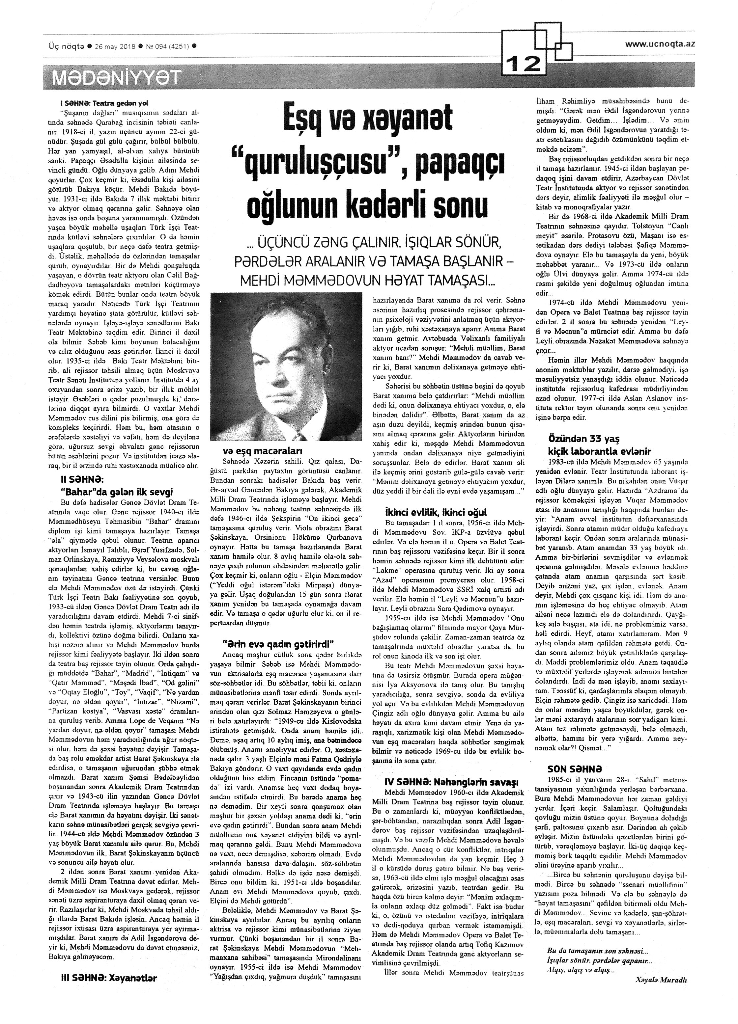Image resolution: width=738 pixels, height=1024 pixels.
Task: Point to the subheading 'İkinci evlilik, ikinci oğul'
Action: (435, 512)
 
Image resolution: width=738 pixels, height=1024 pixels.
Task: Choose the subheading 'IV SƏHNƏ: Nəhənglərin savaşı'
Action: (451, 782)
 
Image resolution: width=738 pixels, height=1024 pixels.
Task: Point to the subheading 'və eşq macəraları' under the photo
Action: (262, 451)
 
